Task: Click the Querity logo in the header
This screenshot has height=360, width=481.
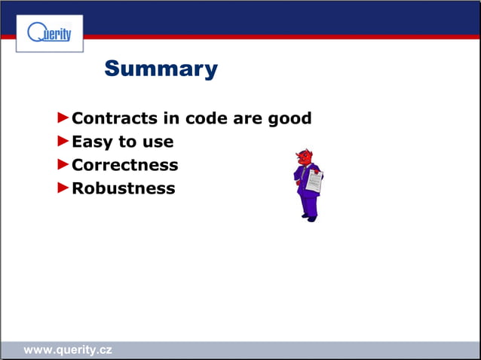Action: coord(49,33)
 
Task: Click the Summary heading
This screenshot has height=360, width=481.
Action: coord(161,69)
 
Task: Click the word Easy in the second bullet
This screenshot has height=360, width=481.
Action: coord(92,142)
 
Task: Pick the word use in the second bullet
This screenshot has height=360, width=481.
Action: coord(157,142)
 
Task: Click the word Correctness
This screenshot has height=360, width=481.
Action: coord(124,165)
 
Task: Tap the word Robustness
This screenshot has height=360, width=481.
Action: coord(123,188)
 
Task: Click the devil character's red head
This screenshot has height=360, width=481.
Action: coord(304,157)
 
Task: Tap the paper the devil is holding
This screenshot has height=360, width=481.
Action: coord(314,182)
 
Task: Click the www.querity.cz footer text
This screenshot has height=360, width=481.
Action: coord(68,350)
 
